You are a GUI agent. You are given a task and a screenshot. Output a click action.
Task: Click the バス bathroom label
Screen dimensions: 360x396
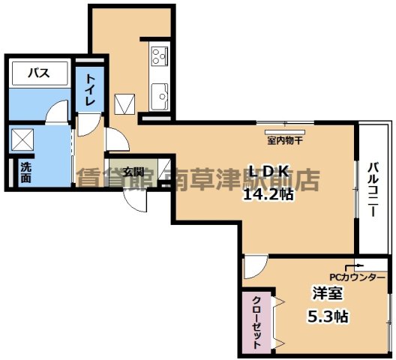point(39,73)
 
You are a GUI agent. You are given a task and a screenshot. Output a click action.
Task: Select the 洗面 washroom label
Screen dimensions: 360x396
point(26,172)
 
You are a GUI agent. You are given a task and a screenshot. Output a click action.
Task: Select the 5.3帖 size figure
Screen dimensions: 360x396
point(326,316)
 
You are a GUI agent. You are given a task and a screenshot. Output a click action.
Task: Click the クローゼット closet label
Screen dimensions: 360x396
point(256,322)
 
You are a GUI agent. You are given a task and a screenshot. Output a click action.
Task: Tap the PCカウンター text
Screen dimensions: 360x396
point(357,277)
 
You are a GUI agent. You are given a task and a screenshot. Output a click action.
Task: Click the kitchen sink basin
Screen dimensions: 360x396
point(159,96)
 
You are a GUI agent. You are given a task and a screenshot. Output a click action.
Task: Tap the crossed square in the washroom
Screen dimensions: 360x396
point(23,140)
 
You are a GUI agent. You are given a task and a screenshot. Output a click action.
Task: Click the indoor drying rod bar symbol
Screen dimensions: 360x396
point(283,123)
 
